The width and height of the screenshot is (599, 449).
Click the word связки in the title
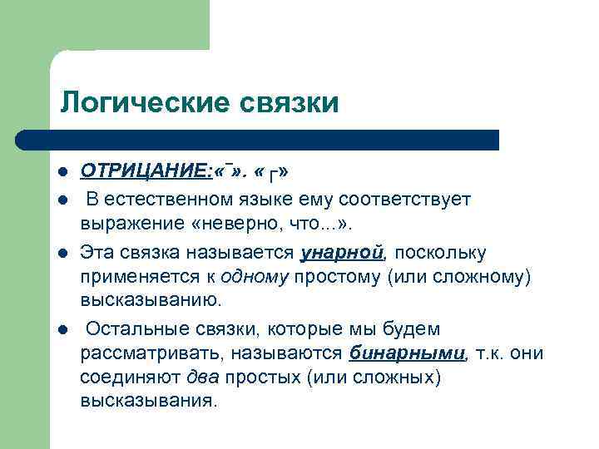point(290,103)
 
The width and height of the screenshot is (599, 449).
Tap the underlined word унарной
point(342,252)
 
